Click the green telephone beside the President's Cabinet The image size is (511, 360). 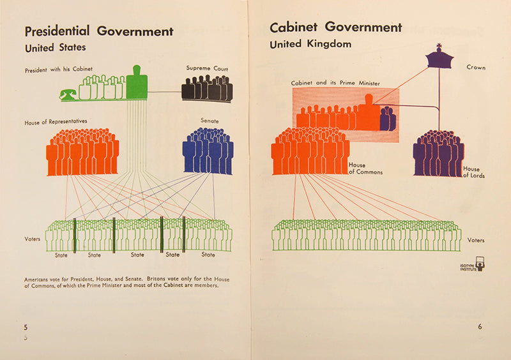coord(67,94)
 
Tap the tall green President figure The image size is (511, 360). coord(137,84)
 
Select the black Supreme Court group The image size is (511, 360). coord(207,89)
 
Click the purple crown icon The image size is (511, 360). coord(439,58)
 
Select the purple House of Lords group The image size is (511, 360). coord(438,154)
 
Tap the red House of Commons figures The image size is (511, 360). coord(310,152)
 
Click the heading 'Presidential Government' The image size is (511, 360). coord(98,31)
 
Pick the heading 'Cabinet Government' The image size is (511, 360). coord(335,27)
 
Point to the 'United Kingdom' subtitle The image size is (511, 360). coord(310,45)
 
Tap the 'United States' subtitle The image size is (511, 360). coord(55,48)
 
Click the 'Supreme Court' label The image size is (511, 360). coord(207,68)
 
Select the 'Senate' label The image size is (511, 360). coord(210,120)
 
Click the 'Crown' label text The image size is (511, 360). coord(476,67)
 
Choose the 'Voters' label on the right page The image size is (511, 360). coord(476,241)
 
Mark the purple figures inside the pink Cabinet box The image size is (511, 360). coord(388,120)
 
